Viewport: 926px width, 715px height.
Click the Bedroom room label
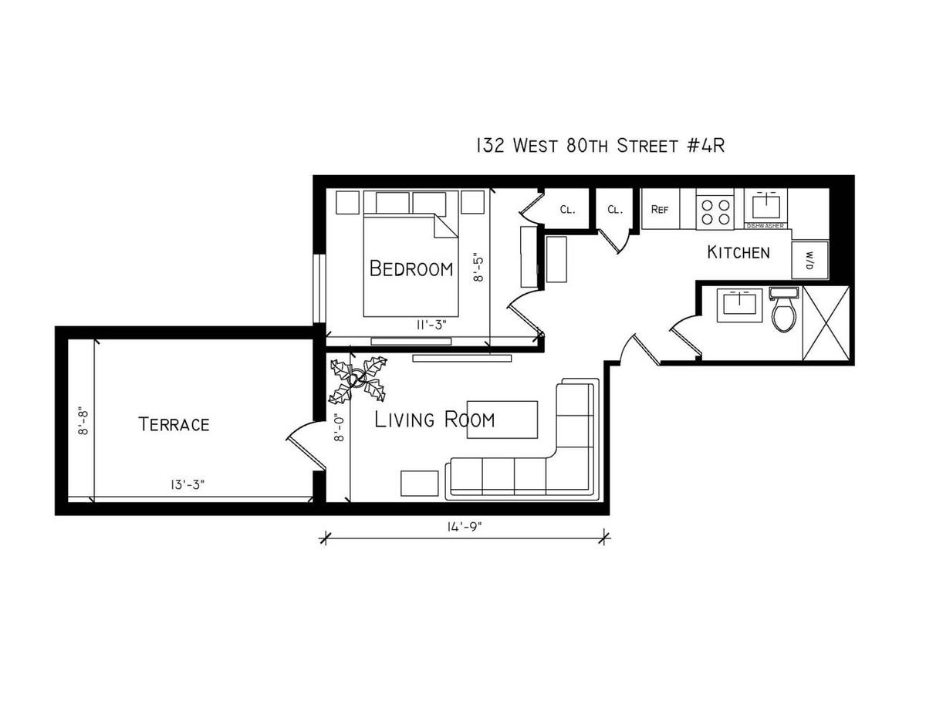click(x=411, y=268)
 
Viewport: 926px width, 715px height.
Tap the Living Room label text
click(x=434, y=420)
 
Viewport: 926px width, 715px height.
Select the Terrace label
click(x=174, y=424)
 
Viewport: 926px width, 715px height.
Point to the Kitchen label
click(x=738, y=252)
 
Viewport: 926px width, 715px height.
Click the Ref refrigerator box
click(x=660, y=209)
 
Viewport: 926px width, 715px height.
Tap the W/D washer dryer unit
click(x=809, y=260)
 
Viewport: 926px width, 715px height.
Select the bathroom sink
click(x=739, y=305)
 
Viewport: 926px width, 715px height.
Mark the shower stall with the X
click(x=826, y=324)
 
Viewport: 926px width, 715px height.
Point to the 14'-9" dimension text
click(x=464, y=527)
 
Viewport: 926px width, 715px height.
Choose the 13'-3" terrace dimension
click(x=188, y=484)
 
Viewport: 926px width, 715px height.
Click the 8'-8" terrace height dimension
click(x=83, y=422)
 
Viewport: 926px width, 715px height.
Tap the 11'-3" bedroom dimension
click(x=431, y=325)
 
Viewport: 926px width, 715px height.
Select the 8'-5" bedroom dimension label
click(x=478, y=269)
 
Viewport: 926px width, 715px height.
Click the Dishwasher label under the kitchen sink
click(x=765, y=226)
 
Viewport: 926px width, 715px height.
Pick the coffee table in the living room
click(x=502, y=420)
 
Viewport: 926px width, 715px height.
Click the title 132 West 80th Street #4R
click(x=600, y=146)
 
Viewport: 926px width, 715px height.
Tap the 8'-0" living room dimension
click(x=339, y=427)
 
